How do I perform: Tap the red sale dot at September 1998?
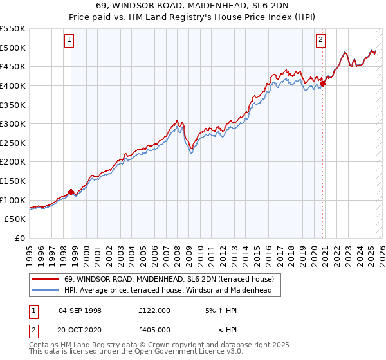[x=71, y=191]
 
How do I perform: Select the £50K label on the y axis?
[x=15, y=219]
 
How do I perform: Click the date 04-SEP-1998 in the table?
[x=80, y=310]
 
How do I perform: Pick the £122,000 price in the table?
[x=154, y=310]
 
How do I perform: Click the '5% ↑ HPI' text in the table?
[x=221, y=310]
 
